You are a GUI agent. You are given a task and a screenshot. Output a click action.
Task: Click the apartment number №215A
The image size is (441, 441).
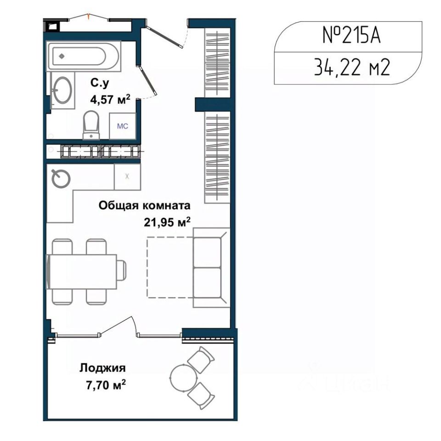[x=351, y=36]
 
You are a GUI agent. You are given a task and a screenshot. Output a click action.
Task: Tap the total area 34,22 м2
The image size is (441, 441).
[x=352, y=68]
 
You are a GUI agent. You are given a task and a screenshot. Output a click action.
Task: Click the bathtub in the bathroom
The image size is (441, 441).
[x=84, y=56]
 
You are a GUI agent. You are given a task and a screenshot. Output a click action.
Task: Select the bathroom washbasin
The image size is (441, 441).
[x=62, y=90]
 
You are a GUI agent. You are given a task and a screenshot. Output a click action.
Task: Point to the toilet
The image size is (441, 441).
[x=91, y=125]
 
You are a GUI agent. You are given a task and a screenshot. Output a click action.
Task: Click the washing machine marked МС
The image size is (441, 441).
[x=123, y=126]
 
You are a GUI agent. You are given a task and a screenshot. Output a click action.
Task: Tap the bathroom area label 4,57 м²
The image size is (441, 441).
[x=110, y=99]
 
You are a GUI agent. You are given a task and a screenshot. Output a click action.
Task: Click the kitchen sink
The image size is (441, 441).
[x=61, y=178]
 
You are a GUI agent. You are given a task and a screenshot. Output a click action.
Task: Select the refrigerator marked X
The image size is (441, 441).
[x=127, y=176]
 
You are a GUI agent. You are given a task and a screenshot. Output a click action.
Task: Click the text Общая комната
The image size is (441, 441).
[x=144, y=206]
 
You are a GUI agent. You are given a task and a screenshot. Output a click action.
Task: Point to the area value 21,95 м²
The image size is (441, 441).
[x=167, y=222]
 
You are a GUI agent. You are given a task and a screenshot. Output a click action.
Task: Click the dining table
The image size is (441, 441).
[x=82, y=271]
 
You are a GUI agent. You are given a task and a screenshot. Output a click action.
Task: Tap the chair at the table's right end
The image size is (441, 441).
[x=121, y=271]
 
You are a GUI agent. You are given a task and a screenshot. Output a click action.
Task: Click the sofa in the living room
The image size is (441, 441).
[x=211, y=267]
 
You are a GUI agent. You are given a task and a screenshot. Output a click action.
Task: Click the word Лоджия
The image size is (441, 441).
[x=102, y=368]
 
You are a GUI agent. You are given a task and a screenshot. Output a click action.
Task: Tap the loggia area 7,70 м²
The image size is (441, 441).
[x=106, y=385]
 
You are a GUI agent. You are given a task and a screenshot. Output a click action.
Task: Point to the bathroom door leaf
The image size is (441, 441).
[x=147, y=79]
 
